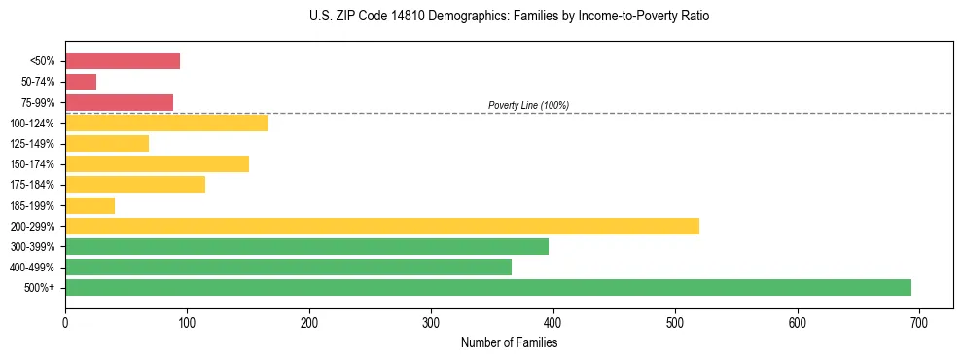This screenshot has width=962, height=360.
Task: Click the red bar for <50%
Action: pyautogui.click(x=123, y=61)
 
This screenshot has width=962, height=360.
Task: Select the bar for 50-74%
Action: pyautogui.click(x=81, y=82)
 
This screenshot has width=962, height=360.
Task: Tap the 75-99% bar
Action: pyautogui.click(x=119, y=102)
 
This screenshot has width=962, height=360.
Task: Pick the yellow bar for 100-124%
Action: pyautogui.click(x=166, y=123)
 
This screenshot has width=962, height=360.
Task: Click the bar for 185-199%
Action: pyautogui.click(x=89, y=205)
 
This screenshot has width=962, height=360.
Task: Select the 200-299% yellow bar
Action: pyautogui.click(x=382, y=226)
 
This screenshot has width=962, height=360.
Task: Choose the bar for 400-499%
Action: pyautogui.click(x=288, y=267)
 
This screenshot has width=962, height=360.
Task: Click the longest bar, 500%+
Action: pyautogui.click(x=488, y=287)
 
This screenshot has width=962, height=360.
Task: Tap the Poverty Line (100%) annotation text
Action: pyautogui.click(x=528, y=105)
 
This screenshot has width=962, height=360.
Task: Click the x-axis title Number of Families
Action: pyautogui.click(x=509, y=342)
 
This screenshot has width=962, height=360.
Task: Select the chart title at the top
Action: pyautogui.click(x=509, y=17)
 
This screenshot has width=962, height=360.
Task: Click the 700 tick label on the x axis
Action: pyautogui.click(x=919, y=321)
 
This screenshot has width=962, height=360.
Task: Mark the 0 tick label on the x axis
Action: pyautogui.click(x=65, y=321)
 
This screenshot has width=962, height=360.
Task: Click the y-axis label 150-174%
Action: pyautogui.click(x=32, y=164)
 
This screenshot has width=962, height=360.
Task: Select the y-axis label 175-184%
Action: pyautogui.click(x=32, y=185)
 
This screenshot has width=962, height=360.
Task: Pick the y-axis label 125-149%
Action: pyautogui.click(x=32, y=144)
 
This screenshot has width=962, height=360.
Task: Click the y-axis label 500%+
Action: pyautogui.click(x=39, y=288)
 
